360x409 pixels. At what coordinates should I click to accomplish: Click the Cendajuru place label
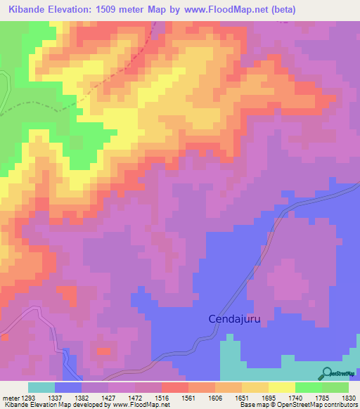coord(235,319)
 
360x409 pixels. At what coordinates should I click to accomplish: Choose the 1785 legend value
coord(321,398)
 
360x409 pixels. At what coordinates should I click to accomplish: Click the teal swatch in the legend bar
coord(41,387)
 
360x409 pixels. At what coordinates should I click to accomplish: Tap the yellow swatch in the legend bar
coord(281,387)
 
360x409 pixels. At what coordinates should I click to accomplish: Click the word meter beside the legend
coord(9,398)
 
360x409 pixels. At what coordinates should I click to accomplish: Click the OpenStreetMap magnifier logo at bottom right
coord(327,372)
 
